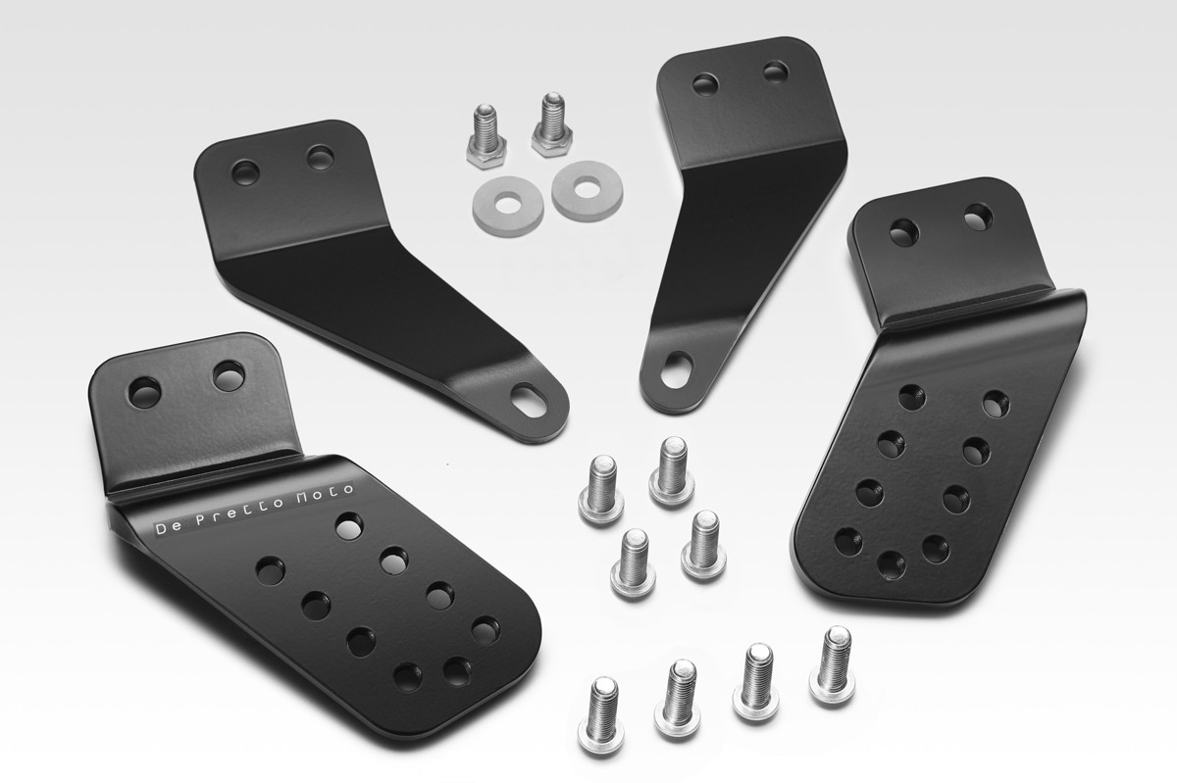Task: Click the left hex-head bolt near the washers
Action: pos(486,137)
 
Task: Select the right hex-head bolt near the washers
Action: pos(551,125)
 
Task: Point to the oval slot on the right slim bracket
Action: pos(677,369)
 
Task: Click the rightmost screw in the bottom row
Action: pos(833,665)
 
